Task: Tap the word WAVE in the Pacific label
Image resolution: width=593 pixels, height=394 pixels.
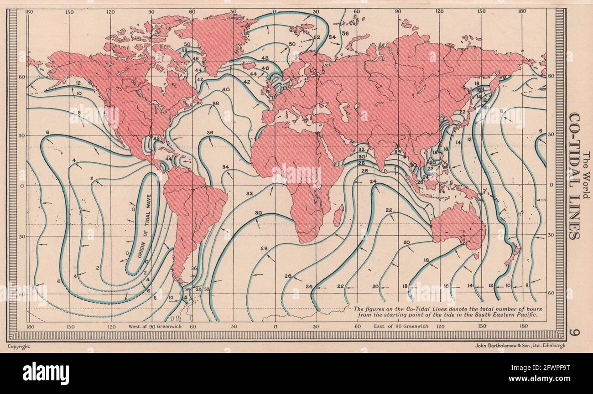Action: pos(147,205)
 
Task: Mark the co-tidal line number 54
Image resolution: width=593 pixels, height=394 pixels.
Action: pos(332,36)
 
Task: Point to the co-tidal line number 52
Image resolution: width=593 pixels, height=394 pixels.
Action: pos(317,37)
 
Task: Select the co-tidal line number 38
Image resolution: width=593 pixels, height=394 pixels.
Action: pos(216,103)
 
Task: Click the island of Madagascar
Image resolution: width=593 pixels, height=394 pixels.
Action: pos(338,216)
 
